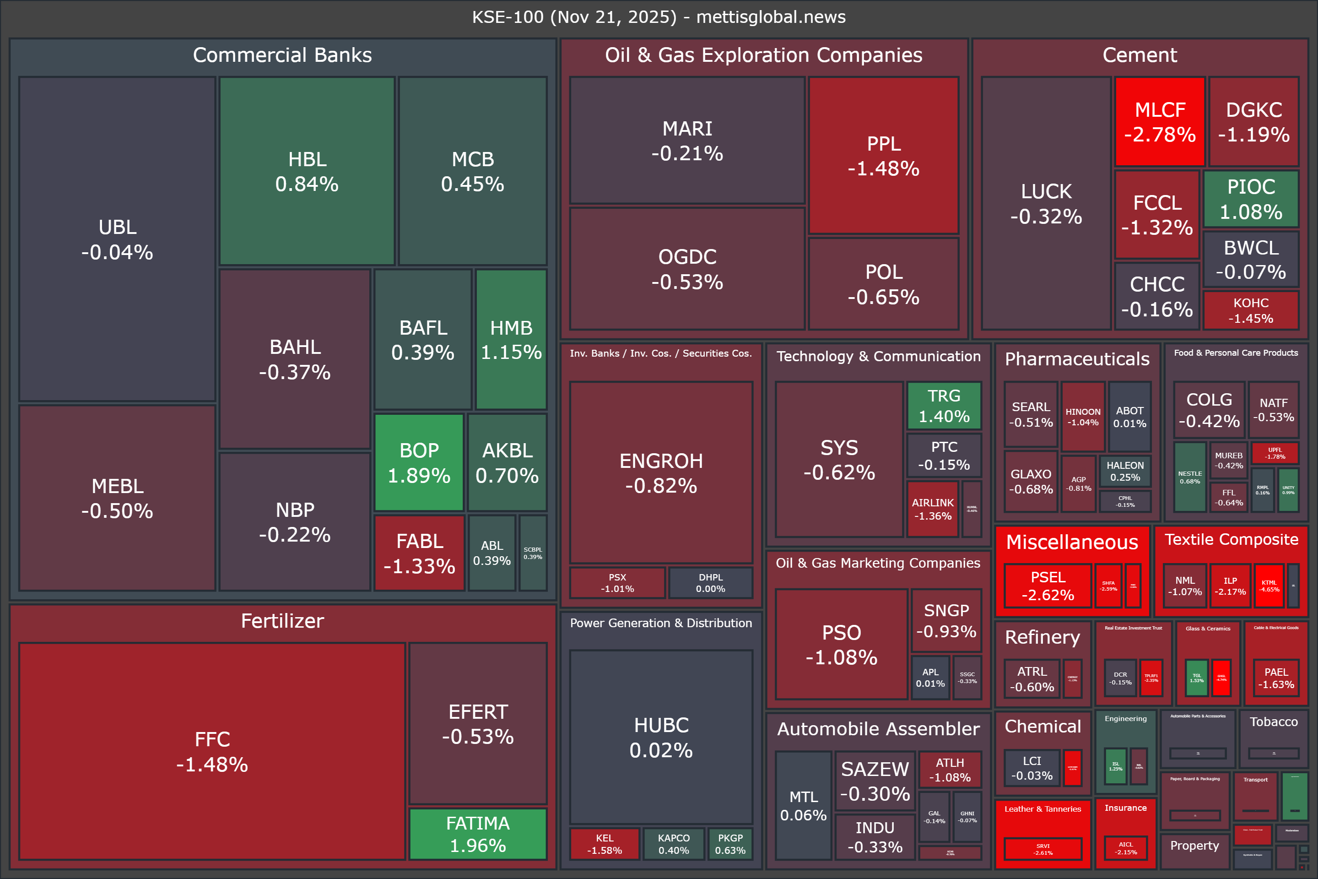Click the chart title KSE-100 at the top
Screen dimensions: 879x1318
(659, 17)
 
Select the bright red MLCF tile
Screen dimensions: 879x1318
(1159, 122)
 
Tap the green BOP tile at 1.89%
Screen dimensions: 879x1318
(419, 462)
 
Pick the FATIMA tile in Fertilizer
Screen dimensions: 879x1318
(477, 834)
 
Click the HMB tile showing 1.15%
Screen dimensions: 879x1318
(511, 340)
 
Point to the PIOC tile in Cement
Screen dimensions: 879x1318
(1251, 199)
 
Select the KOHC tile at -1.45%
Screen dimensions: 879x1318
(1251, 310)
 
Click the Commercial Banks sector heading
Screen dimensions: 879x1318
(282, 55)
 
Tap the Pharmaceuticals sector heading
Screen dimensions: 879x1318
(1076, 359)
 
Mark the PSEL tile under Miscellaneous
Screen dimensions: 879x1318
(1048, 586)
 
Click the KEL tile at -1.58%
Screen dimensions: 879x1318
(604, 844)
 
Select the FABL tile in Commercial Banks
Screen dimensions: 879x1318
(419, 553)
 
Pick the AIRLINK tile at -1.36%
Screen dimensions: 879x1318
(933, 509)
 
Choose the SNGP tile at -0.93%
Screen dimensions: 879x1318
(946, 621)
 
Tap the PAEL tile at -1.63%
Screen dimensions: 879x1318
(1276, 678)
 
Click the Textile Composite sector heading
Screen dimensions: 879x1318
(1231, 539)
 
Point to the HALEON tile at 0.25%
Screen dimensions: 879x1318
(1125, 471)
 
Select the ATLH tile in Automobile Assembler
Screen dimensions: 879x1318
(950, 770)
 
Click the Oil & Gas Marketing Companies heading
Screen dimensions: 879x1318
(878, 563)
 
